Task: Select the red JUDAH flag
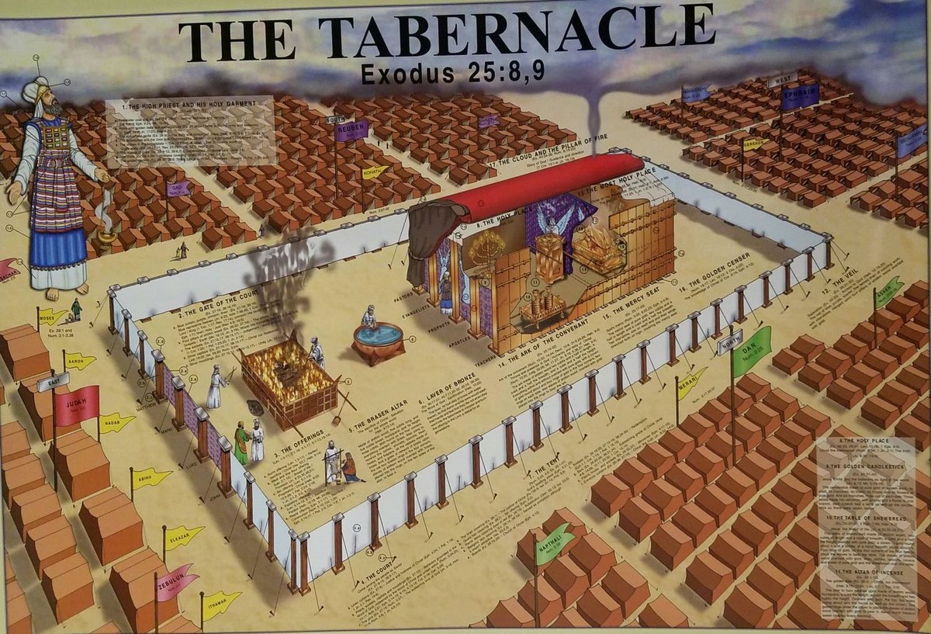click(76, 405)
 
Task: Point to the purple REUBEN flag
click(351, 130)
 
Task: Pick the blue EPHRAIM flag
click(798, 97)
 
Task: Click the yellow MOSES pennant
click(52, 317)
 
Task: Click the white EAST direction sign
click(53, 382)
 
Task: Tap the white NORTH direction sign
click(729, 342)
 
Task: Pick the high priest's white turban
click(35, 92)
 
